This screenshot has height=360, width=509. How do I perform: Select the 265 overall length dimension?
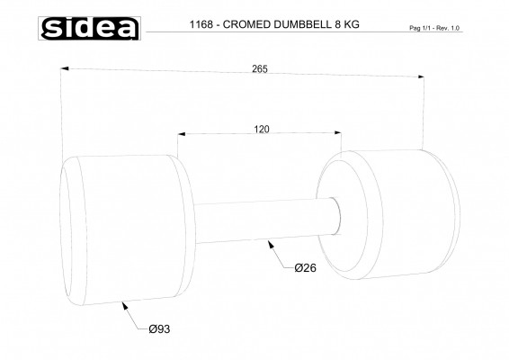click(x=260, y=69)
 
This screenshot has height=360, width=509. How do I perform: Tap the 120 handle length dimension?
click(x=262, y=130)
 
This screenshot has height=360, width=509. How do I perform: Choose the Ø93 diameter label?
click(x=158, y=328)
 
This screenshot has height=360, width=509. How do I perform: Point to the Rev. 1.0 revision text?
click(x=454, y=29)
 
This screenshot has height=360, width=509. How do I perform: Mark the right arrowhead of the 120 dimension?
click(x=339, y=136)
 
